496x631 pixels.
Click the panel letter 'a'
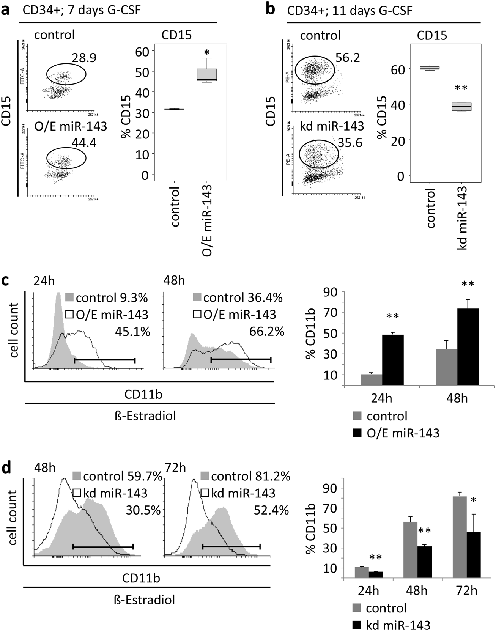click(x=6, y=9)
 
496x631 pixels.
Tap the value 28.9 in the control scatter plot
click(x=84, y=58)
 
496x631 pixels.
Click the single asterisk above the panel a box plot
click(x=206, y=52)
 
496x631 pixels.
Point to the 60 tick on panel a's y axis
click(x=143, y=51)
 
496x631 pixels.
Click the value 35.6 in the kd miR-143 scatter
click(x=350, y=143)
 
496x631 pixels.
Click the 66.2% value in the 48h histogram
click(x=267, y=332)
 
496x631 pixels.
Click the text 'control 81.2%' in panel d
click(x=250, y=476)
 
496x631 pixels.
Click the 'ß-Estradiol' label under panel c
click(x=145, y=416)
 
